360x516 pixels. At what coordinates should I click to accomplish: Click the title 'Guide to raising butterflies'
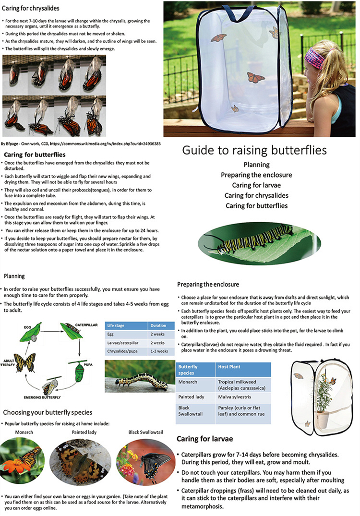(254, 150)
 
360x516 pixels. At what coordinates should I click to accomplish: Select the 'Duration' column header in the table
(158, 325)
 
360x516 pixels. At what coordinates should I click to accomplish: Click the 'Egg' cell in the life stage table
(111, 334)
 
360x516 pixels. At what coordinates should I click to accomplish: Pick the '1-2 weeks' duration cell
(160, 351)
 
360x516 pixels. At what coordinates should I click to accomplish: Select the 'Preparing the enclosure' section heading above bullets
(208, 284)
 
